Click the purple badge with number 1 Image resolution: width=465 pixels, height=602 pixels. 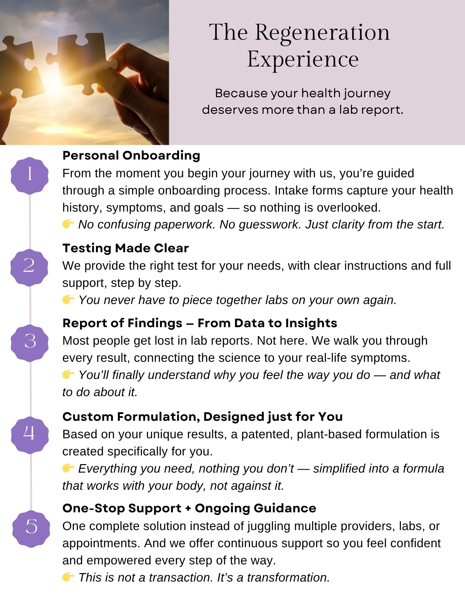point(29,175)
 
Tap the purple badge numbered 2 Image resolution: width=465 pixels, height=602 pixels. point(29,267)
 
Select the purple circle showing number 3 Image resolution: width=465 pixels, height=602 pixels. point(29,343)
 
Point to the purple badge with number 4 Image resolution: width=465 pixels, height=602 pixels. point(29,435)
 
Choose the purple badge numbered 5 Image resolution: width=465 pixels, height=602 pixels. point(31,529)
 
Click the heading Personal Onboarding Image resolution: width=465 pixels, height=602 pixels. point(131,156)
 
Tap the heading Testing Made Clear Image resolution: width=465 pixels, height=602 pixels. point(126,248)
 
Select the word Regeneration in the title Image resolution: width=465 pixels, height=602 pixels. point(322,33)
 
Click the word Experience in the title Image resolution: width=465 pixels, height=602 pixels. point(303,59)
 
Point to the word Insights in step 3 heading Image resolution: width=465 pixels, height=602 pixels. point(311,323)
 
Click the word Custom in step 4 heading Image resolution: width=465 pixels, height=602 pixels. point(88,417)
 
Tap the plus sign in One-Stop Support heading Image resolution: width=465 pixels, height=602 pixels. point(188,508)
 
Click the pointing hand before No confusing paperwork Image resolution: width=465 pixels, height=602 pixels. point(68,224)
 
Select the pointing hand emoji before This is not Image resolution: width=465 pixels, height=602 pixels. point(68,577)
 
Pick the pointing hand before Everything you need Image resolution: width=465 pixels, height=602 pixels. point(68,468)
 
